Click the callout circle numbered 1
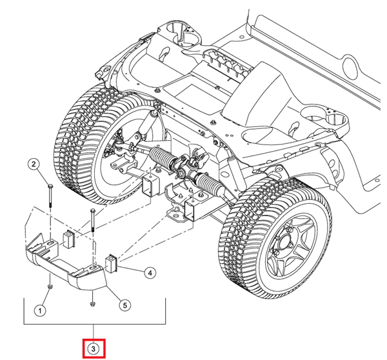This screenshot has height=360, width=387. coord(39,310)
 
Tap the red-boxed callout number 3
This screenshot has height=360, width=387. coord(94,348)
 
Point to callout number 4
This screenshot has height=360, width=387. coord(149,273)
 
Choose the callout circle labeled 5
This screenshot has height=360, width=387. coord(125,305)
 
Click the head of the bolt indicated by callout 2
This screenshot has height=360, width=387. coord(50,186)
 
